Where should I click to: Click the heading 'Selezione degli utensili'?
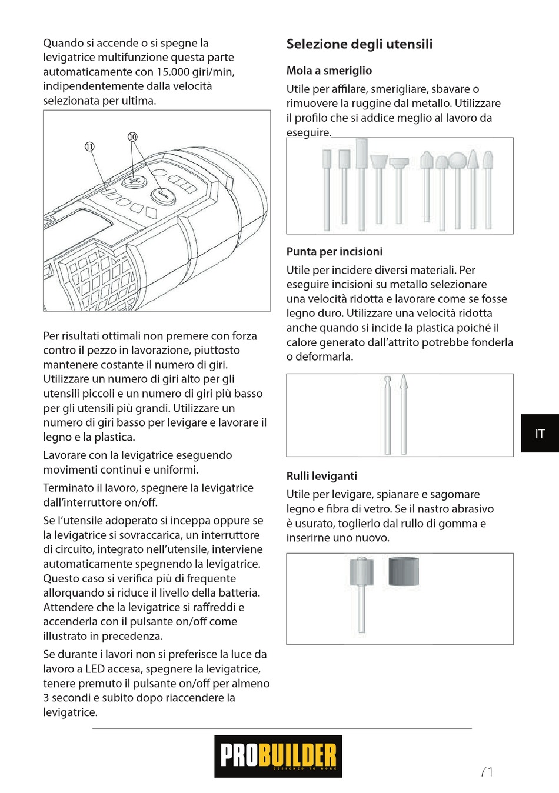(359, 44)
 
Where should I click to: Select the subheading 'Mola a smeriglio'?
(329, 71)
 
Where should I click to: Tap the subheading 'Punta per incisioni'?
(334, 252)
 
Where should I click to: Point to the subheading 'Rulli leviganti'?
(321, 477)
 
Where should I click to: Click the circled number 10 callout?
(132, 137)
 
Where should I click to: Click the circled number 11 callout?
(89, 146)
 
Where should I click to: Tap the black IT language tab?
(540, 434)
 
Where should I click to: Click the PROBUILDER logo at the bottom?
(278, 755)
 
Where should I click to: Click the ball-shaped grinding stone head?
(457, 160)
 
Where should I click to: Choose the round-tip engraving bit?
(387, 381)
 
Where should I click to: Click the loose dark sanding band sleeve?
(403, 570)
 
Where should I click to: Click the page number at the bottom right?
(487, 771)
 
